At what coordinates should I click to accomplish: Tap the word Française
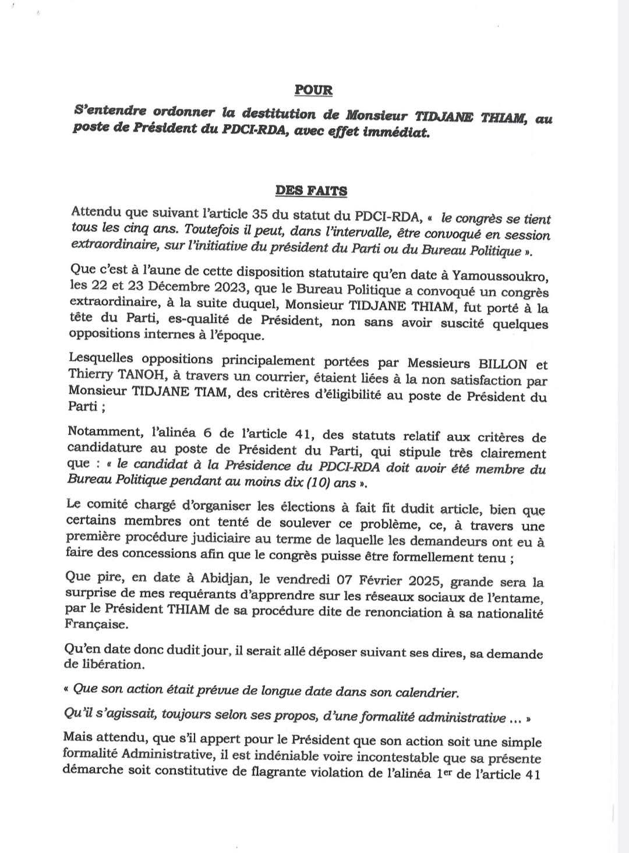[93, 625]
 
